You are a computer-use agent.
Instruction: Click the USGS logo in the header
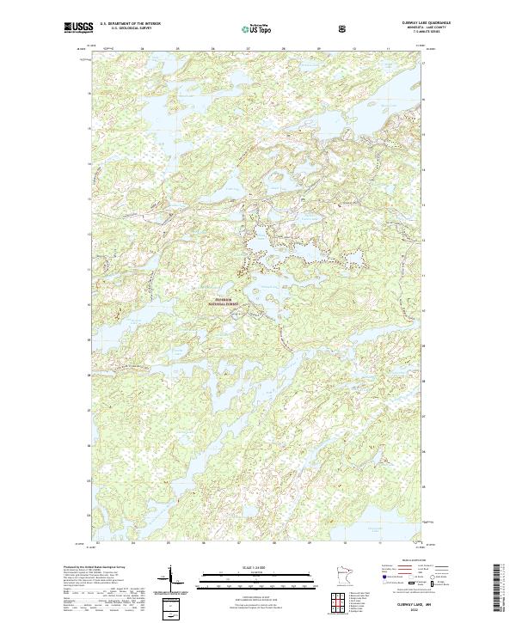[x=79, y=28]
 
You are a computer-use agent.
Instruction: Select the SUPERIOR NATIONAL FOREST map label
[x=225, y=302]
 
